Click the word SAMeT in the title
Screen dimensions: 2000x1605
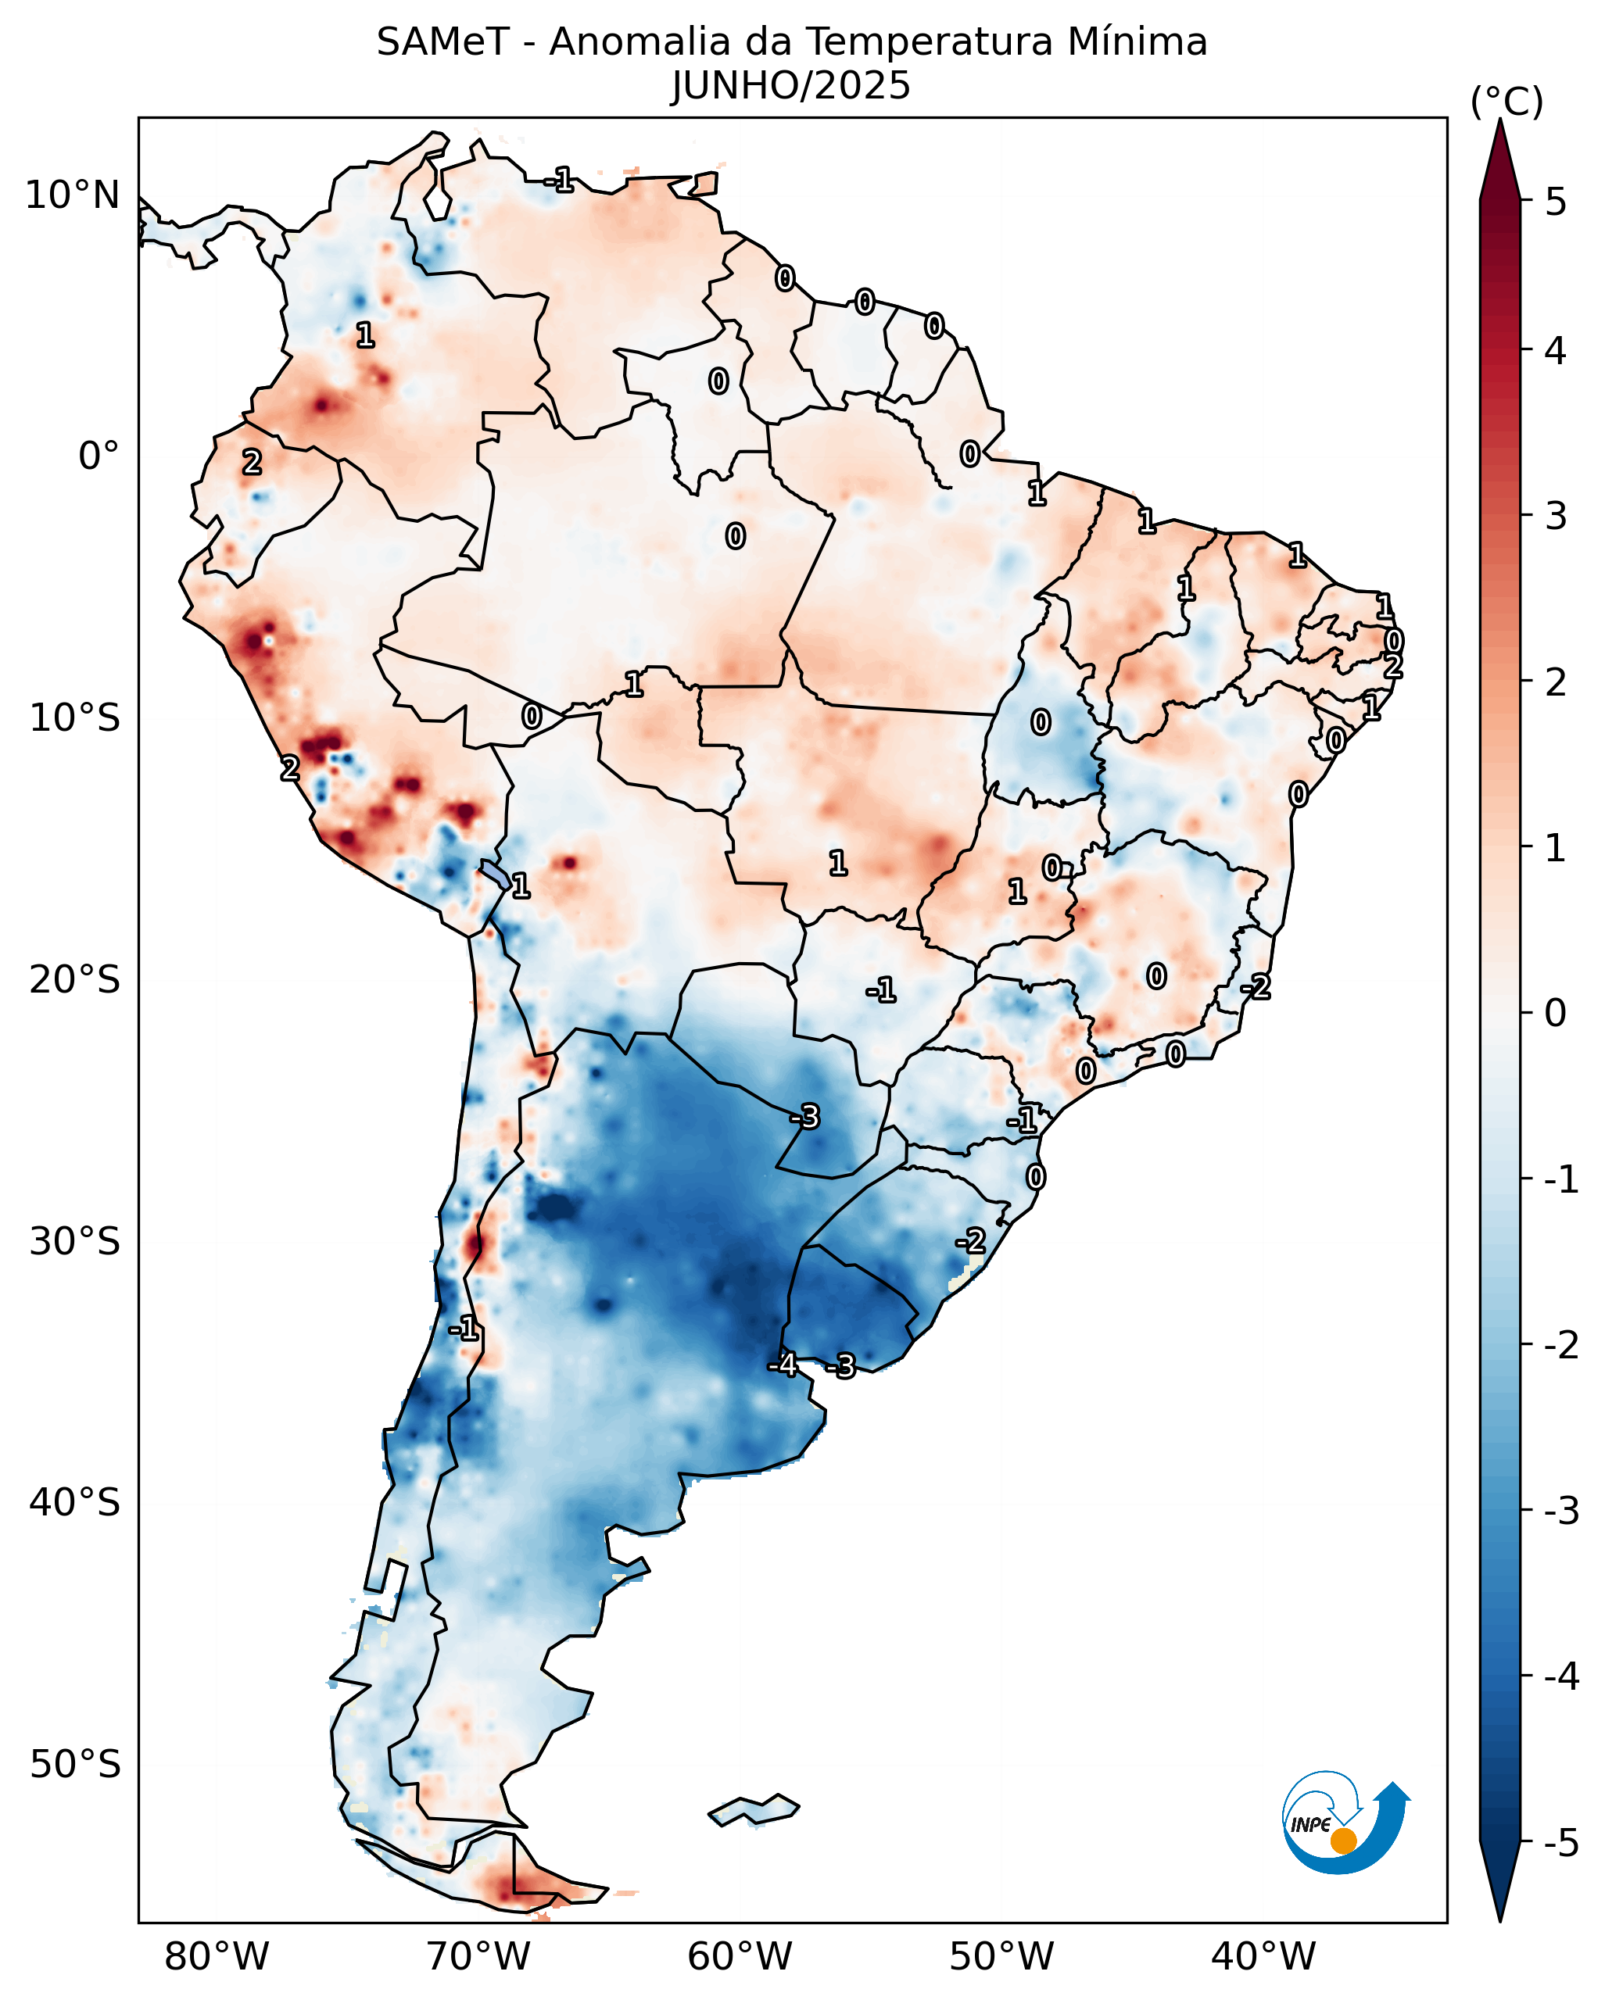442,43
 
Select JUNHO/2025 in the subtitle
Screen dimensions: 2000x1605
790,86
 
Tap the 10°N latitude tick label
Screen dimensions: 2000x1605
73,195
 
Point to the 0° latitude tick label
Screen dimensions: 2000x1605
99,456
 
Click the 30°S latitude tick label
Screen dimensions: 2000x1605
74,1241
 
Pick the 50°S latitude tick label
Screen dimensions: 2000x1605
74,1765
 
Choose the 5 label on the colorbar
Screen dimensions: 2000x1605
1556,202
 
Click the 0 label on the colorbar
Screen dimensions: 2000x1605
1555,1013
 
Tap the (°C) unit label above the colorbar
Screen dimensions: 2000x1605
1506,102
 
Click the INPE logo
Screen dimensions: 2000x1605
1345,1823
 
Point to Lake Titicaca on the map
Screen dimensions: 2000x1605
495,874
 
